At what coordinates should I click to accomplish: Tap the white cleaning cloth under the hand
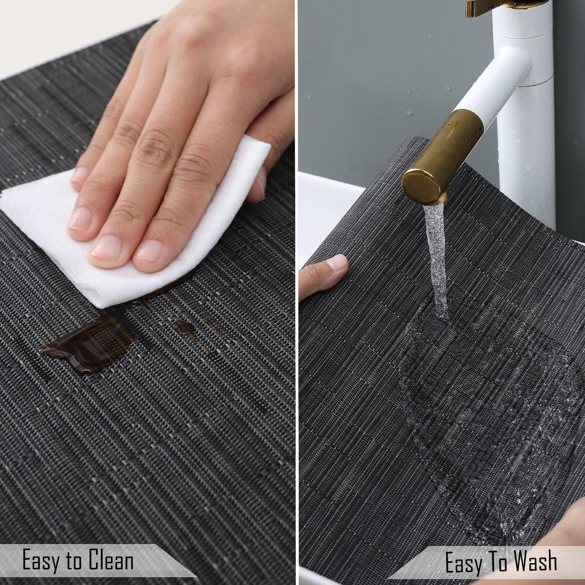(x=129, y=218)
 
